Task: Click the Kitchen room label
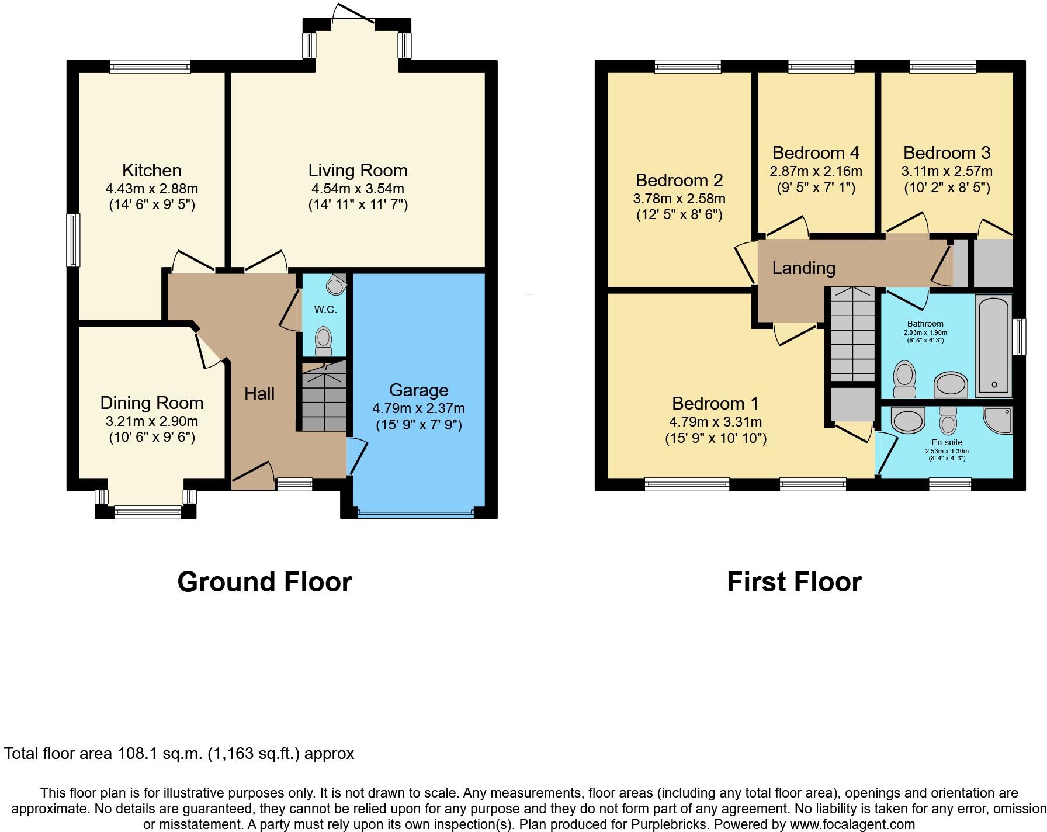[151, 171]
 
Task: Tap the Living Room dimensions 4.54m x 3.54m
[358, 189]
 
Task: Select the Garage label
[418, 390]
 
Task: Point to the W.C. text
[325, 310]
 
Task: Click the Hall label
[259, 393]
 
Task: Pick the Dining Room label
[151, 403]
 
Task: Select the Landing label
[803, 268]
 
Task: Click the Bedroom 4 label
[816, 153]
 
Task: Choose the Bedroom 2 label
[679, 180]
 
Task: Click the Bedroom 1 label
[715, 403]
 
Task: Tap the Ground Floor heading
[264, 582]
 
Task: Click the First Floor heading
[794, 582]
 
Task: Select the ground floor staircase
[324, 397]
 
